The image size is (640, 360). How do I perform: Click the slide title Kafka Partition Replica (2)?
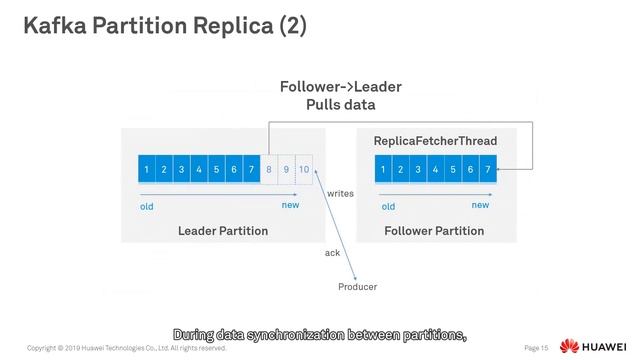pos(165,25)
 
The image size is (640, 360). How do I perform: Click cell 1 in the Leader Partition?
pos(147,170)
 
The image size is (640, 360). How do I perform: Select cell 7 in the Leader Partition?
pos(251,170)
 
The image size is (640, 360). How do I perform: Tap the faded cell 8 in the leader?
pos(269,170)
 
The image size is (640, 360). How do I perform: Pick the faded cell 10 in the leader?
pos(304,170)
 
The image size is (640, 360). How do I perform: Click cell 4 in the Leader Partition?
pos(199,170)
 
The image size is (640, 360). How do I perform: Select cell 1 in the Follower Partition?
pos(383,170)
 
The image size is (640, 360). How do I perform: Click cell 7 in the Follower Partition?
pos(487,170)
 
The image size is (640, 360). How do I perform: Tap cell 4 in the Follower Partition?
pos(435,170)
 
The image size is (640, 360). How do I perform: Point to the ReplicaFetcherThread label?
pos(435,141)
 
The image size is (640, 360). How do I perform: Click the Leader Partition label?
pos(223,231)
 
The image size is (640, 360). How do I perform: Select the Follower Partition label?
pos(434,231)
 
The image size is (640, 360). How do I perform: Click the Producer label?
pos(357,288)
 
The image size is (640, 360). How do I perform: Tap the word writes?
pos(340,194)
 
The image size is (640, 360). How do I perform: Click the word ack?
pos(332,253)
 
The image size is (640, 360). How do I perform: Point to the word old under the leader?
pos(147,207)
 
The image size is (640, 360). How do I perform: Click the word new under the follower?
pos(480,205)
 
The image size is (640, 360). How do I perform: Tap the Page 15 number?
pos(537,348)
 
